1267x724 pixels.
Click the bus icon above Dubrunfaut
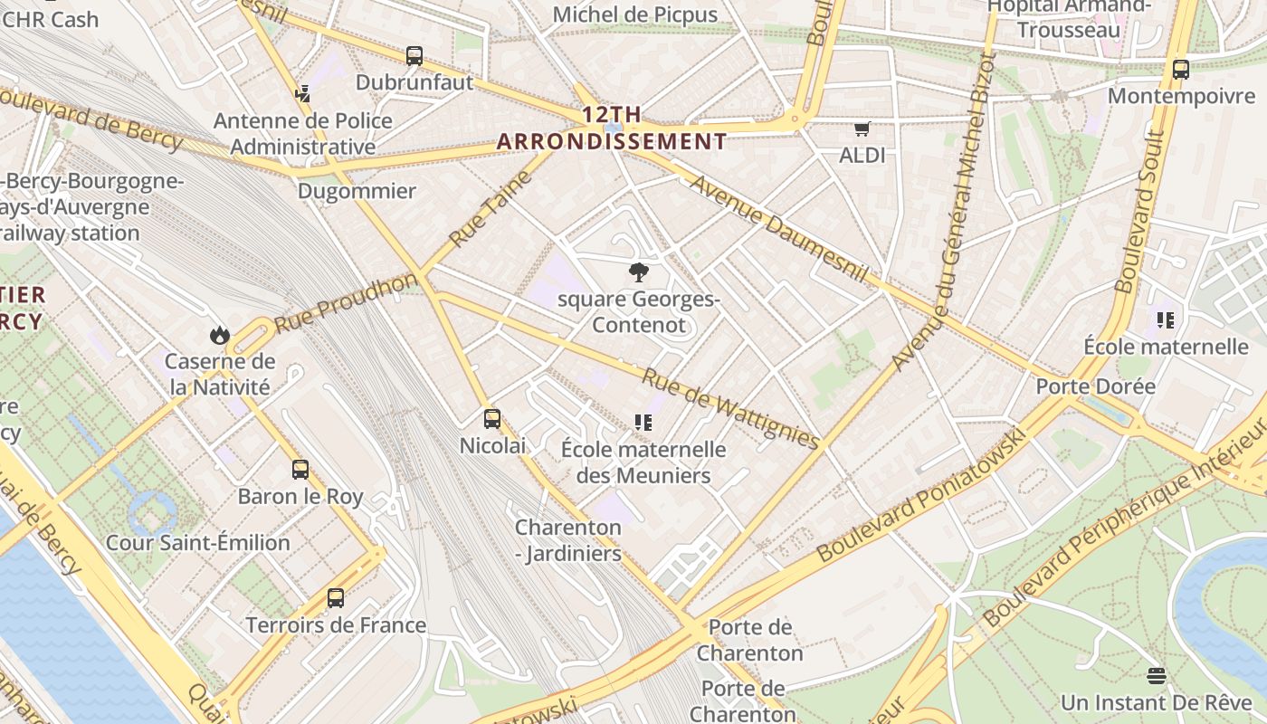coord(414,56)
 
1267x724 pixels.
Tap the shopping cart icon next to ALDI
coord(862,129)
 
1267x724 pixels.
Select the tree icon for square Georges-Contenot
coord(638,271)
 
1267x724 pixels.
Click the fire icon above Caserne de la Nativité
coord(219,336)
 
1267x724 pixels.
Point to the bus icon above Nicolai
coord(492,419)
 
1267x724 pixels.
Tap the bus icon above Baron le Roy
coord(300,470)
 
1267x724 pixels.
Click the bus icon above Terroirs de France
coord(336,598)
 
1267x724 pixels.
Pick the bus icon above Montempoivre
coord(1181,70)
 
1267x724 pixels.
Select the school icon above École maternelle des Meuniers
coord(643,422)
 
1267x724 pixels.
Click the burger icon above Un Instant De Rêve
coord(1156,676)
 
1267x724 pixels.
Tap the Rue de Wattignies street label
coord(731,408)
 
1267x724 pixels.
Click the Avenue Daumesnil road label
coord(779,229)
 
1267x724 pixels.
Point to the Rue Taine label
coord(490,209)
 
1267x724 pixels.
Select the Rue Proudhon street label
coord(347,301)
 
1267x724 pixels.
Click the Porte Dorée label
coord(1095,386)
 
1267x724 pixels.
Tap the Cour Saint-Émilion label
coord(198,543)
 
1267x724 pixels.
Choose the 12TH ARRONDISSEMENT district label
coord(612,129)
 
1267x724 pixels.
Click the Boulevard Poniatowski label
coord(922,494)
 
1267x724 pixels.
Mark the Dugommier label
coord(357,191)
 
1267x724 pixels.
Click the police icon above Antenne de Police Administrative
coord(302,93)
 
